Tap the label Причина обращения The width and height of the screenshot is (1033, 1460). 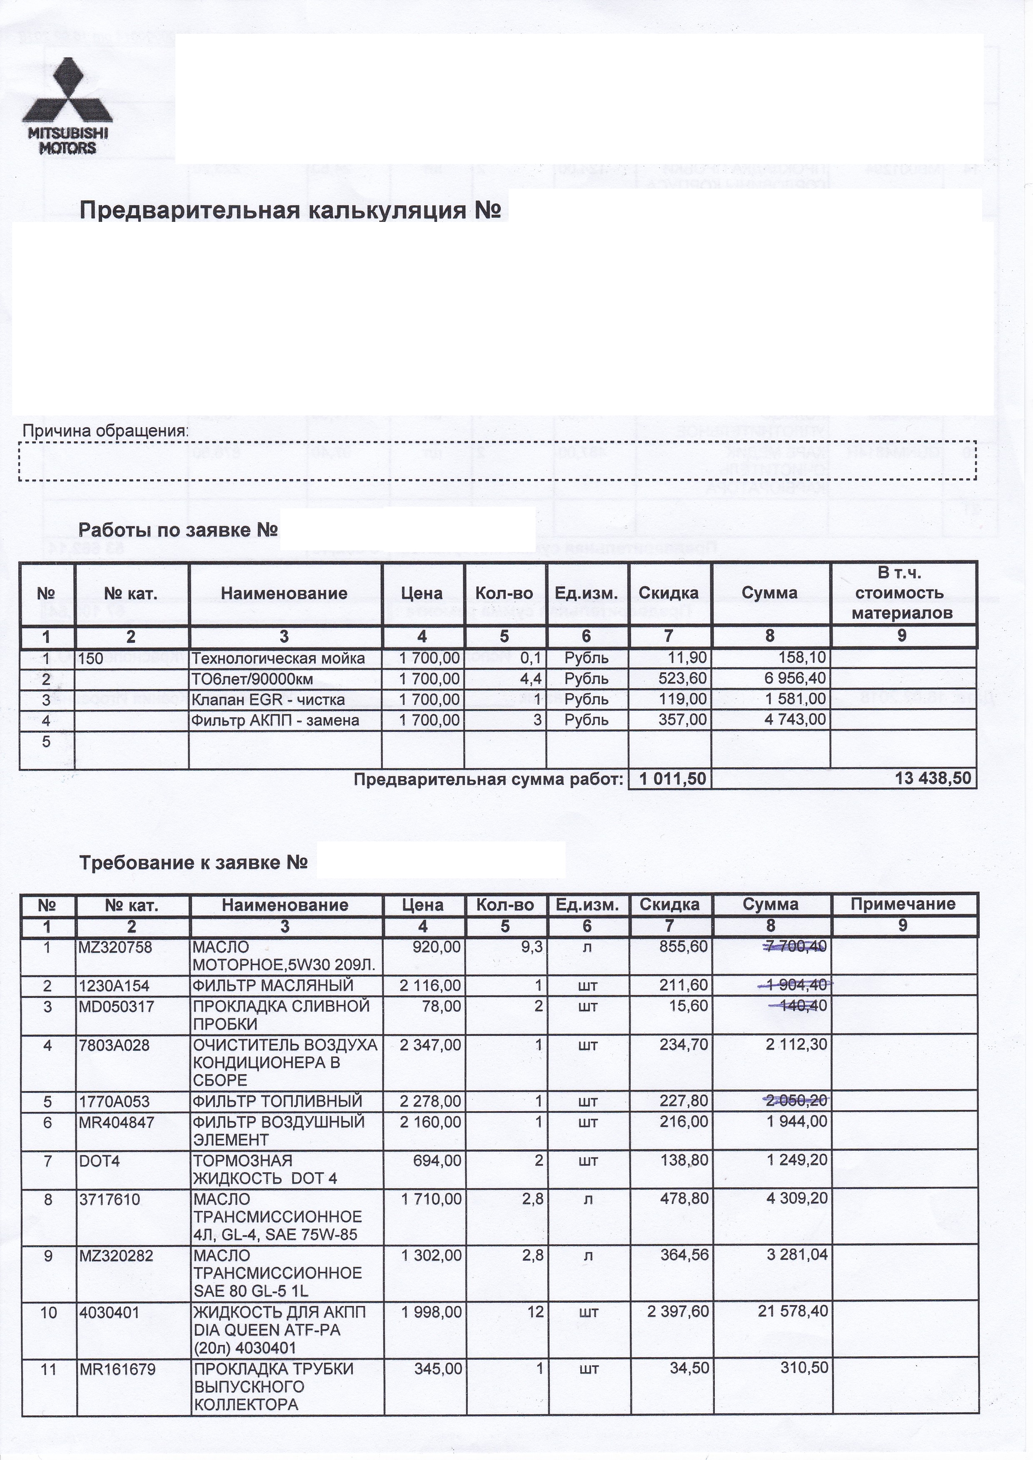click(x=105, y=431)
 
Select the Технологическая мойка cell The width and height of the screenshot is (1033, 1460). click(x=279, y=658)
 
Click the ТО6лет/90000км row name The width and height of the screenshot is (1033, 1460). click(x=252, y=679)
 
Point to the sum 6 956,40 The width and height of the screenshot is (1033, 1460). click(x=795, y=679)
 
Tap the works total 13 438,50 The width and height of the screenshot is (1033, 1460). click(x=934, y=779)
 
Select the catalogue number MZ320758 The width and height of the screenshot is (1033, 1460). click(x=115, y=948)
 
